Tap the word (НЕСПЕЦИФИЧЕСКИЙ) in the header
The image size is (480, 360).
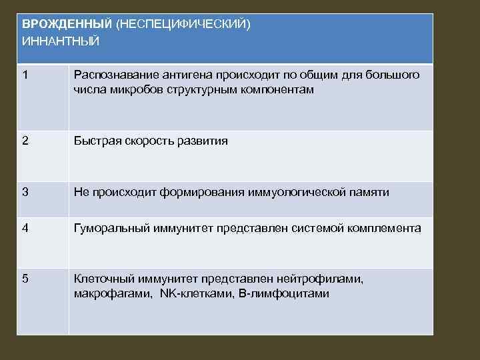[x=183, y=24]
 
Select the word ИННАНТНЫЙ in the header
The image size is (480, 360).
[x=61, y=41]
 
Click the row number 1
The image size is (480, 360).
[x=25, y=75]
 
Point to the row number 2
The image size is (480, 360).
[x=25, y=141]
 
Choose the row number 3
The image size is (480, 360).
[x=25, y=193]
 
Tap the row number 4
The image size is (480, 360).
[x=25, y=228]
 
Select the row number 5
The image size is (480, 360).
[x=25, y=279]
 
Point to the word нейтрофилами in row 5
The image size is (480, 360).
[x=321, y=279]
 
